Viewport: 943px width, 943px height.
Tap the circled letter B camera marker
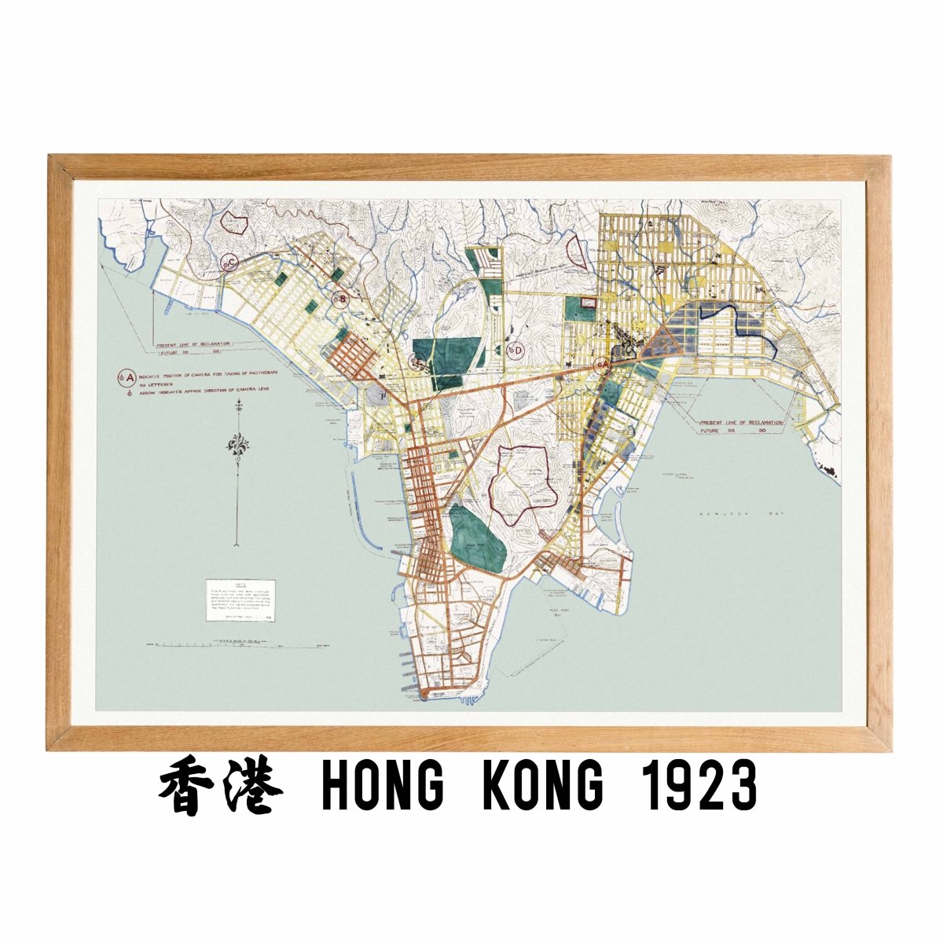tap(340, 299)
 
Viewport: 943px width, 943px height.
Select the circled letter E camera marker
tap(418, 362)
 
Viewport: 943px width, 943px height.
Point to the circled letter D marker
tap(516, 349)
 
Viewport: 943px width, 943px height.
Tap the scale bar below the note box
tap(236, 644)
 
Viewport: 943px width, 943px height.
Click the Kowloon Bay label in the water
tap(728, 512)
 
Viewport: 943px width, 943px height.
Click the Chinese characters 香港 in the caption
tap(221, 787)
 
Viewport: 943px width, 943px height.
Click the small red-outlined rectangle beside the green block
tap(589, 302)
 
